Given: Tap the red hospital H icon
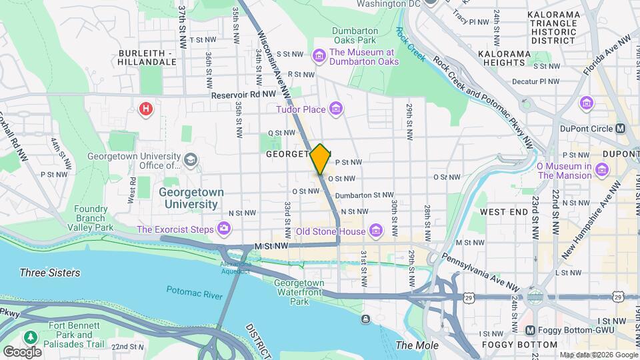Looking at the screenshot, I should click(145, 108).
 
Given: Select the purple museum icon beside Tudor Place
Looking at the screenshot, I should click(335, 109).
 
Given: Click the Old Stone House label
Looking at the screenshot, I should click(331, 231).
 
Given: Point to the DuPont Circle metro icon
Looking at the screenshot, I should click(621, 128).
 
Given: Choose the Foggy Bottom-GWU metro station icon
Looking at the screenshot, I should click(530, 330).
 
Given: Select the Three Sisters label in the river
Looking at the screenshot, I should click(50, 273).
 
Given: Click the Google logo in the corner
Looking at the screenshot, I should click(21, 351).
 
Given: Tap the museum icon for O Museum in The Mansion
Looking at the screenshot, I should click(602, 170).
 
